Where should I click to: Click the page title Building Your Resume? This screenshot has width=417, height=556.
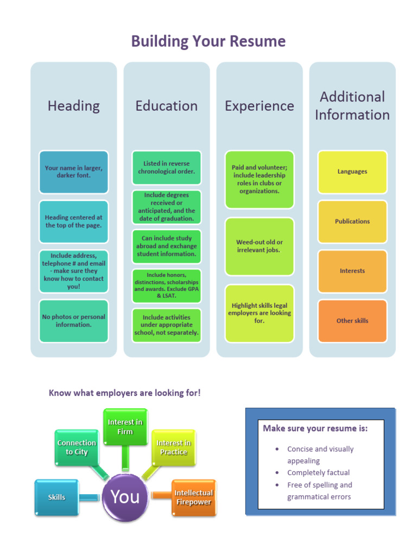coord(208,41)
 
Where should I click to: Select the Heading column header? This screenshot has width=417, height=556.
coord(74,105)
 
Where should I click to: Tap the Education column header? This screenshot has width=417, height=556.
coord(166,105)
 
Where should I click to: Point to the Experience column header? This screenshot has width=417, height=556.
coord(260,105)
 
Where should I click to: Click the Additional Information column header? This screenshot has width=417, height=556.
coord(352,105)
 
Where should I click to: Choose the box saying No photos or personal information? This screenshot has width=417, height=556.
coord(74,320)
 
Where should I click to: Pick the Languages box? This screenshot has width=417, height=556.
coord(352,172)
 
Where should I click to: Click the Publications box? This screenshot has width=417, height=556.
coord(352,222)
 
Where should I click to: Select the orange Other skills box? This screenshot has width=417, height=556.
coord(352,320)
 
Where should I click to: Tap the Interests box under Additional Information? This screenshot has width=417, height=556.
coord(352,271)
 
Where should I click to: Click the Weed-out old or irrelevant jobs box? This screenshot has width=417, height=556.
coord(260,246)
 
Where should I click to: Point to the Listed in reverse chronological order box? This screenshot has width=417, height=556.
coord(166,167)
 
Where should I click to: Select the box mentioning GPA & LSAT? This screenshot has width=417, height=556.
coord(166,286)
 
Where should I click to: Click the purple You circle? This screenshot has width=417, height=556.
coord(125,496)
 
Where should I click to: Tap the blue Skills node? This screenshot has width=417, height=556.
coord(56,497)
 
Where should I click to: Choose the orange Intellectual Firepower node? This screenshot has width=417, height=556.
coord(193,497)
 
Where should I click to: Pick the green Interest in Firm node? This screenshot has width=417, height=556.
coord(125,427)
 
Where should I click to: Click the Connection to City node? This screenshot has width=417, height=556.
coord(77,447)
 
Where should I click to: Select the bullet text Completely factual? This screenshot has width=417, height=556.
coord(318,472)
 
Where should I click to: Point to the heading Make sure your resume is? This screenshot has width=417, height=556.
coord(315,428)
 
